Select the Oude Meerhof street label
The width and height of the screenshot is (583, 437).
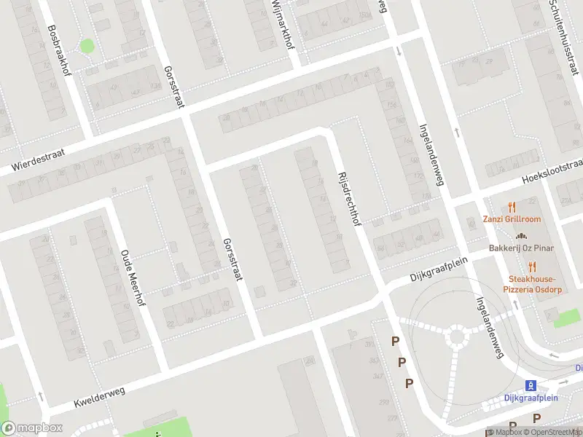133,280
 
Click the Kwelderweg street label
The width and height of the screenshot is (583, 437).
100,397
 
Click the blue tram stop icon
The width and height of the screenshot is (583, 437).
531,385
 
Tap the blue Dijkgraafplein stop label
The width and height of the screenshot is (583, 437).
531,398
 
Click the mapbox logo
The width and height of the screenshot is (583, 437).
31,428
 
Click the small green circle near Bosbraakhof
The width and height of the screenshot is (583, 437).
87,46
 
